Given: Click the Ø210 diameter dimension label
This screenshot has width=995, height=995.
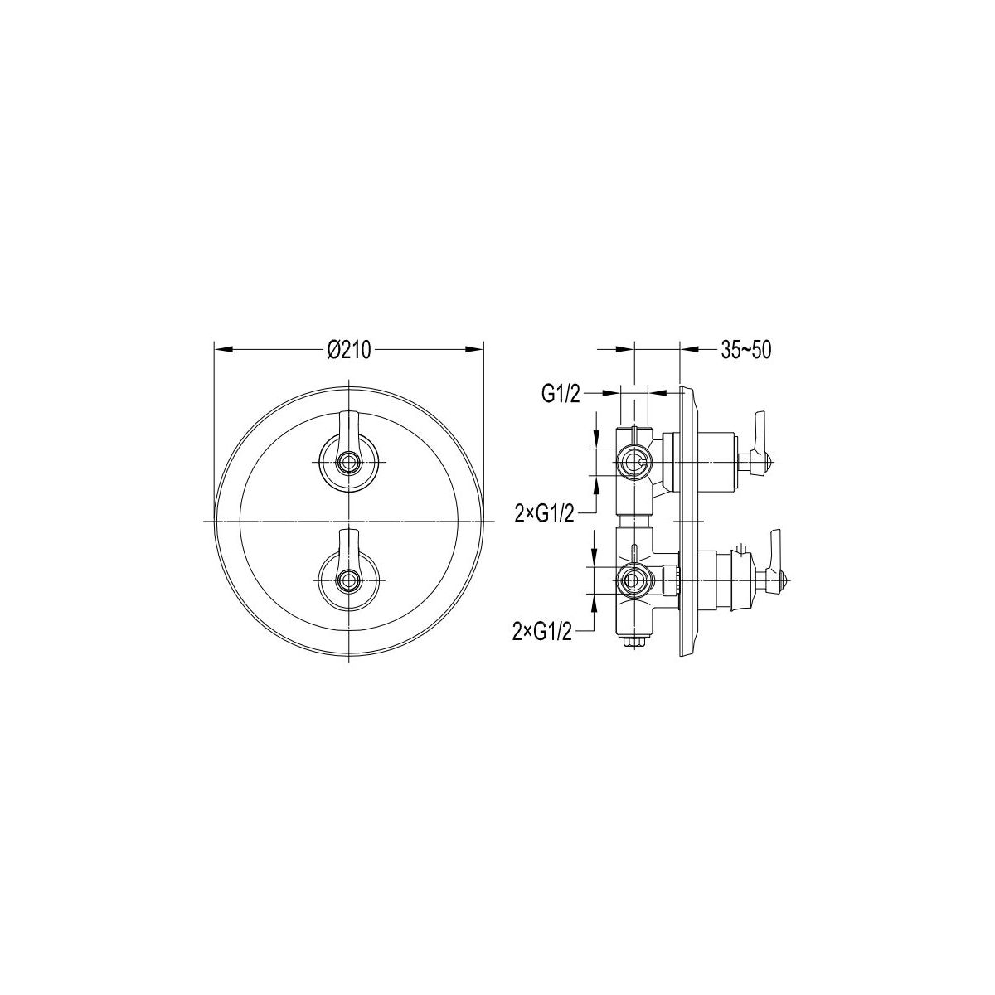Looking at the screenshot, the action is pyautogui.click(x=349, y=350).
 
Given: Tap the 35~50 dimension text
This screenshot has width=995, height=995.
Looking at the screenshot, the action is pyautogui.click(x=746, y=350).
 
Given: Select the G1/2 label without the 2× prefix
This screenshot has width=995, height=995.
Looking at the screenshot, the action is pyautogui.click(x=561, y=395).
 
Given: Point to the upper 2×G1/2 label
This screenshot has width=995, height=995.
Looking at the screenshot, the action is pyautogui.click(x=544, y=514).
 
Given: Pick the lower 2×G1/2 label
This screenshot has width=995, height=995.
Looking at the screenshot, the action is pyautogui.click(x=542, y=632).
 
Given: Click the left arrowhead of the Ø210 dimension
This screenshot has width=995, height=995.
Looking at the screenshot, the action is pyautogui.click(x=223, y=350).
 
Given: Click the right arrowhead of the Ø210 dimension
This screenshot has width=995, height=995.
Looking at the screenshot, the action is pyautogui.click(x=474, y=350).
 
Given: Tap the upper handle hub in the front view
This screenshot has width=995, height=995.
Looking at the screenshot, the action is pyautogui.click(x=349, y=462).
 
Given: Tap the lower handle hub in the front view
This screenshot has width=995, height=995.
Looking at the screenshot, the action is pyautogui.click(x=349, y=580).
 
